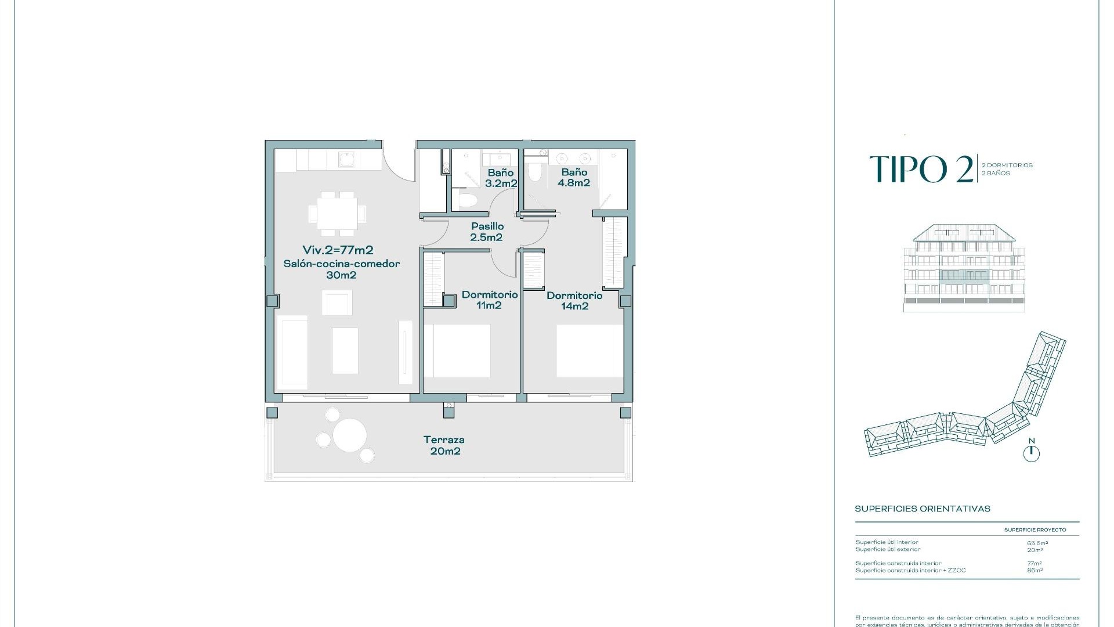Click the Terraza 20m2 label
pos(444,445)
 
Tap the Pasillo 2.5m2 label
pos(487,232)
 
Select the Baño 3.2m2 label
pos(501,178)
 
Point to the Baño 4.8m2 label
pos(574,177)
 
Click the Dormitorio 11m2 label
pos(489,300)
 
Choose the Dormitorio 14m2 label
pos(574,301)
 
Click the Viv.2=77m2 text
pos(338,250)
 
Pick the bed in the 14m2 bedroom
pos(588,351)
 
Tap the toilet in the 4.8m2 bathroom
pos(534,171)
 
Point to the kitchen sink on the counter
pos(347,159)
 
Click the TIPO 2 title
pos(921,170)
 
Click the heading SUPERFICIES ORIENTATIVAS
pos(922,509)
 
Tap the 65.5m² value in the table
pos(1037,543)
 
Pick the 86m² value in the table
pos(1035,571)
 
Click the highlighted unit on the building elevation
pos(964,275)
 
